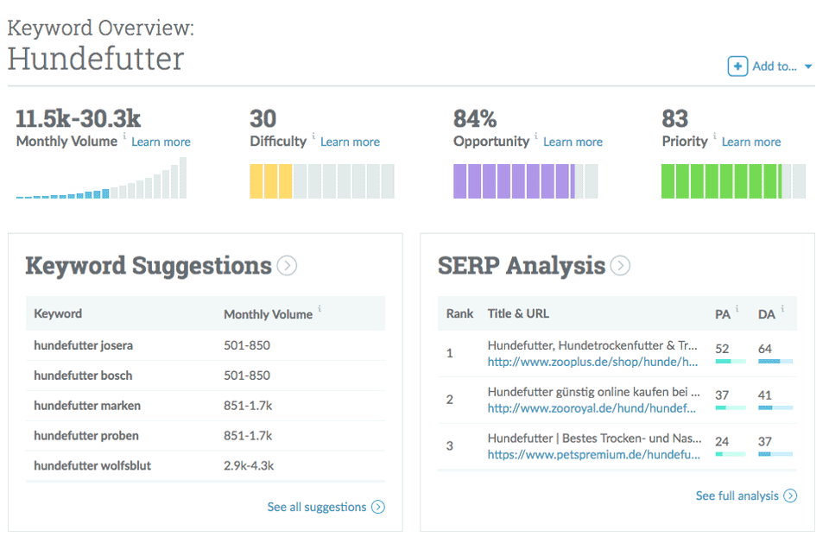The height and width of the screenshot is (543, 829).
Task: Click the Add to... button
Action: click(x=769, y=66)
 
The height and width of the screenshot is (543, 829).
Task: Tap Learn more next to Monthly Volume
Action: click(x=161, y=142)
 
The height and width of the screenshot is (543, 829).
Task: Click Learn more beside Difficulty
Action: click(x=350, y=142)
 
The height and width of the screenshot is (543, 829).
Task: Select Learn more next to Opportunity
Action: click(x=573, y=142)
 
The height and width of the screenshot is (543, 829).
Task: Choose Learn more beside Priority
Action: click(x=751, y=142)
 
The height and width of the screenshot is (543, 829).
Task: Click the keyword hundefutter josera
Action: click(x=84, y=345)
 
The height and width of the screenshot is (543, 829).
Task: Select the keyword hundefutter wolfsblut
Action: click(x=92, y=466)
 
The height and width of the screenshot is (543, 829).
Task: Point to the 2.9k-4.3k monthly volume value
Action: click(x=249, y=466)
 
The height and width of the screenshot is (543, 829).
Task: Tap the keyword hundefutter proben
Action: click(x=86, y=436)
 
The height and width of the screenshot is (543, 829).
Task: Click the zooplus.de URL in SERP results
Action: click(x=592, y=362)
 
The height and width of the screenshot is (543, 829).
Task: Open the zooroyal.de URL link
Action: click(x=592, y=408)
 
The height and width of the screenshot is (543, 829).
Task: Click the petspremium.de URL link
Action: click(x=594, y=454)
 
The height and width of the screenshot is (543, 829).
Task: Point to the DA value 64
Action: click(x=765, y=349)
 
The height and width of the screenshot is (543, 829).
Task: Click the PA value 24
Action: click(x=722, y=442)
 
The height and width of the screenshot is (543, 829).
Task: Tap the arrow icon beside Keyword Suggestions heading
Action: click(x=288, y=266)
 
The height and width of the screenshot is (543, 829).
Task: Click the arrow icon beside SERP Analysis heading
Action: click(x=620, y=266)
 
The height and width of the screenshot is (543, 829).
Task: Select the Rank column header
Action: click(x=459, y=313)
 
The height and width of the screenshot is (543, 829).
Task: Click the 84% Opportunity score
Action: click(x=475, y=118)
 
